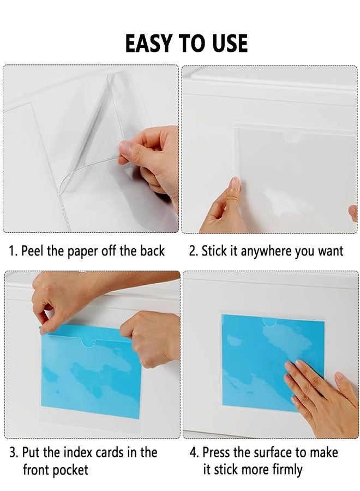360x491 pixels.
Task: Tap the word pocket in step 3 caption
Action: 69,469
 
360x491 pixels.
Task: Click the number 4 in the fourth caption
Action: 193,452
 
